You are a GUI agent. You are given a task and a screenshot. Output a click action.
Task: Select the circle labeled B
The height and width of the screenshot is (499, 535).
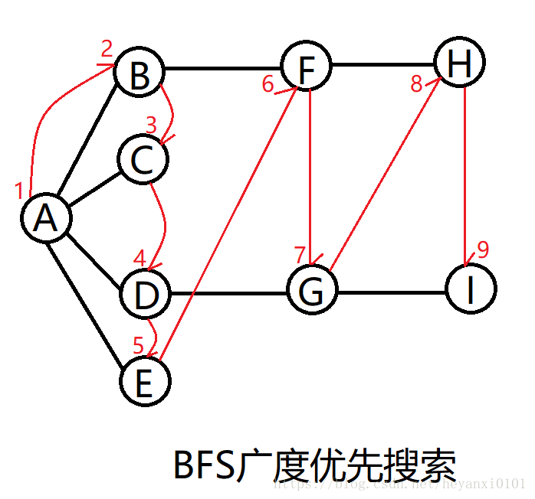[139, 75]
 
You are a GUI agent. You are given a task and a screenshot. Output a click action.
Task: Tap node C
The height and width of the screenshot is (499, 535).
[143, 160]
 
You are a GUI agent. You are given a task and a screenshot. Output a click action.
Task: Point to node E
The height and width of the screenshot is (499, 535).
[145, 382]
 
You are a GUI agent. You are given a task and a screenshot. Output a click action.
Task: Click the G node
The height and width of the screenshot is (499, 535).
[313, 291]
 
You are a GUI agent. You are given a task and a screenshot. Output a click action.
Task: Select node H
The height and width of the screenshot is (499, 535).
[459, 63]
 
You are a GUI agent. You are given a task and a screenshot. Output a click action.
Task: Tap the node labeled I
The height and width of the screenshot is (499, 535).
[471, 289]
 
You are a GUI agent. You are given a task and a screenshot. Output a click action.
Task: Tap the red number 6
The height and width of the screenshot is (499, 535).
[267, 83]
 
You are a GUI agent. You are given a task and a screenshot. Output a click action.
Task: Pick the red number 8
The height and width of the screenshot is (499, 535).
[416, 84]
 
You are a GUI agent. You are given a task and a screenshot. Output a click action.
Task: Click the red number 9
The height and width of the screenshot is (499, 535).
[483, 249]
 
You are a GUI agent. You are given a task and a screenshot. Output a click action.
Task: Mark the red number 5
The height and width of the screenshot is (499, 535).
[138, 344]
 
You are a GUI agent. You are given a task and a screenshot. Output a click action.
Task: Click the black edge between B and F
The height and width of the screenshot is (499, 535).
[222, 69]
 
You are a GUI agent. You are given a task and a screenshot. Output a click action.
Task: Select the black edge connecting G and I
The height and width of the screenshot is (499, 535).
[391, 292]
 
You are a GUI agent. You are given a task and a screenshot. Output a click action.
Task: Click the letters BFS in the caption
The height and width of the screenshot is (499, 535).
[205, 465]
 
